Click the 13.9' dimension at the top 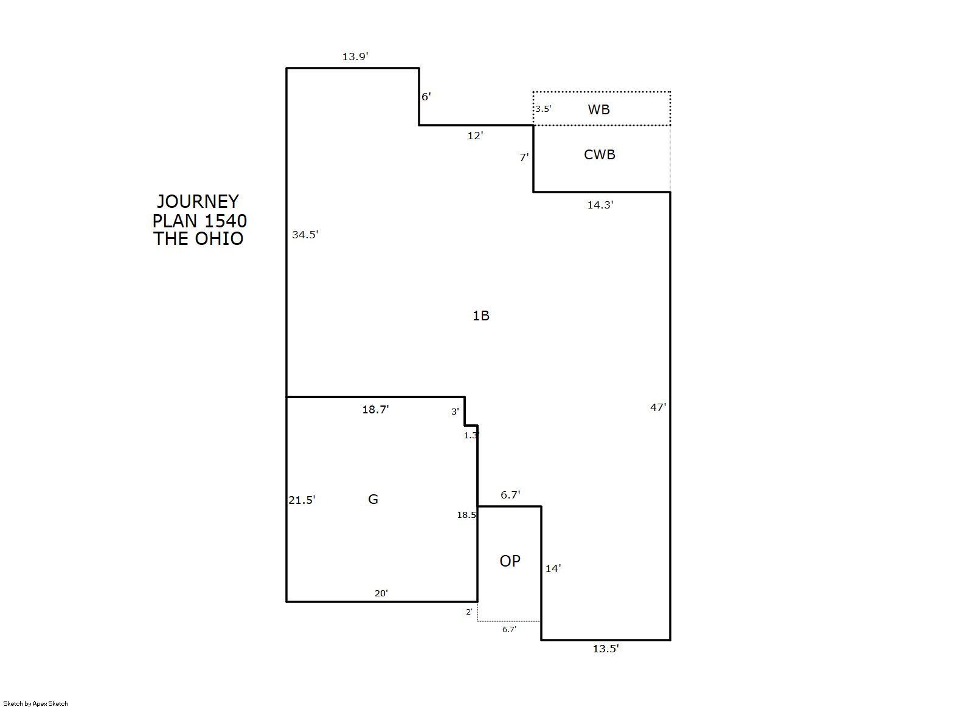point(355,57)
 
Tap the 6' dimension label point(426,97)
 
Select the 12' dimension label point(475,136)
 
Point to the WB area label point(598,109)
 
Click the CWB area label point(600,155)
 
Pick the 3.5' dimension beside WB point(543,109)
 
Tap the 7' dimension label point(524,158)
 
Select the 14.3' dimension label point(600,205)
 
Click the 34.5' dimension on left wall point(305,235)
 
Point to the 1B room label point(480,316)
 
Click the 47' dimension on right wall point(658,407)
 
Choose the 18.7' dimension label point(375,409)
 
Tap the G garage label point(373,499)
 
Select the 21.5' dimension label point(302,500)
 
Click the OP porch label point(510,561)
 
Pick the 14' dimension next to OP point(553,568)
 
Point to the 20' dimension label point(381,593)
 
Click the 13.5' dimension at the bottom point(606,649)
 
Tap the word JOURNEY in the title point(198,202)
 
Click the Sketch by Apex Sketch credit point(36,703)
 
